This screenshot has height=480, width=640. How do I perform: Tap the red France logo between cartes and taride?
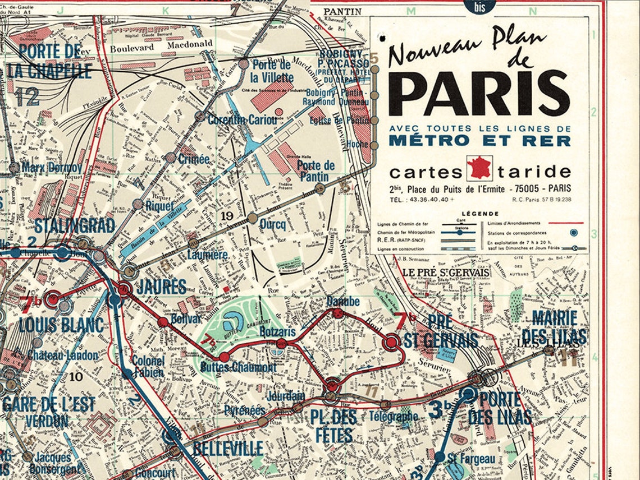(x=479, y=168)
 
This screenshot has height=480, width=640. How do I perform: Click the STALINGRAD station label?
(x=75, y=226)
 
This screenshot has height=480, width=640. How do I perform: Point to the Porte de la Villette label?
(x=272, y=71)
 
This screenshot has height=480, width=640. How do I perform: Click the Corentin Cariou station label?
(x=242, y=120)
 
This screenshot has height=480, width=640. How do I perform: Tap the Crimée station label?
(x=194, y=159)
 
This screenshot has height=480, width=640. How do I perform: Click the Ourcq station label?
(x=272, y=224)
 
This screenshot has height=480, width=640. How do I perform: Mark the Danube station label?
(x=342, y=301)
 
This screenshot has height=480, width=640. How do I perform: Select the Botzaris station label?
(x=277, y=331)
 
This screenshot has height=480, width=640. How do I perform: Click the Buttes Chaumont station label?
(x=239, y=367)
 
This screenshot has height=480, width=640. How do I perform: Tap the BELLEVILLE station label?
(x=227, y=448)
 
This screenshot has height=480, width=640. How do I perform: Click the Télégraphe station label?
(x=393, y=416)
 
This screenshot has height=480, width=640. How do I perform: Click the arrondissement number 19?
(x=227, y=216)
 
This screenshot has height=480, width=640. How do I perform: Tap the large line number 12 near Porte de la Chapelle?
(x=27, y=96)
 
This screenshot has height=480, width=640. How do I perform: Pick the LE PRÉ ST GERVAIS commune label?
(x=446, y=273)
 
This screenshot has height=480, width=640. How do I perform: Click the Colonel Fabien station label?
(x=148, y=366)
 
